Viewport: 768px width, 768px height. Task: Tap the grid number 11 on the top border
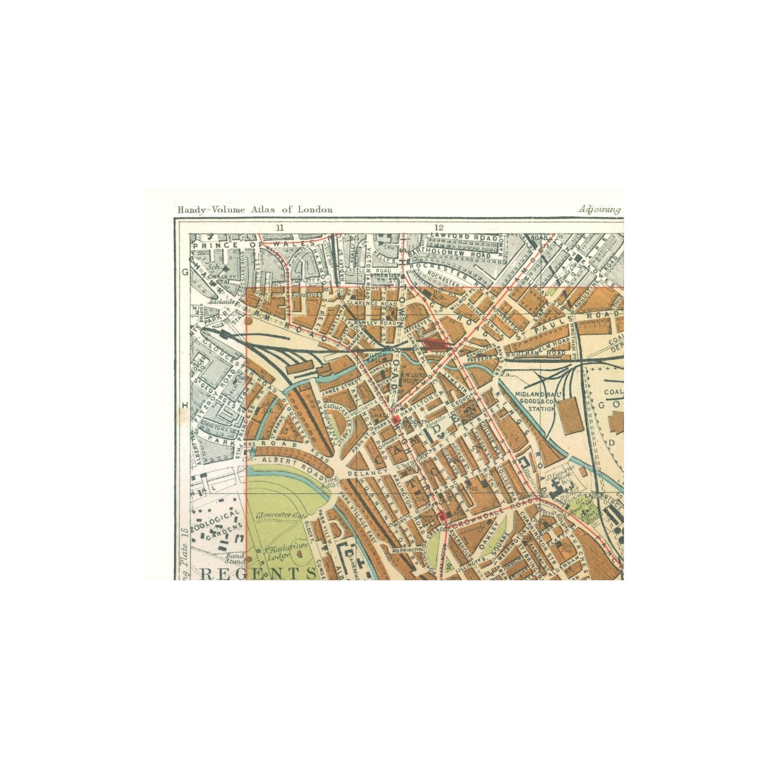click(281, 227)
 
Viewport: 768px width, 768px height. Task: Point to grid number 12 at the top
click(438, 227)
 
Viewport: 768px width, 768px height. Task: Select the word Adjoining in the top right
click(600, 209)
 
